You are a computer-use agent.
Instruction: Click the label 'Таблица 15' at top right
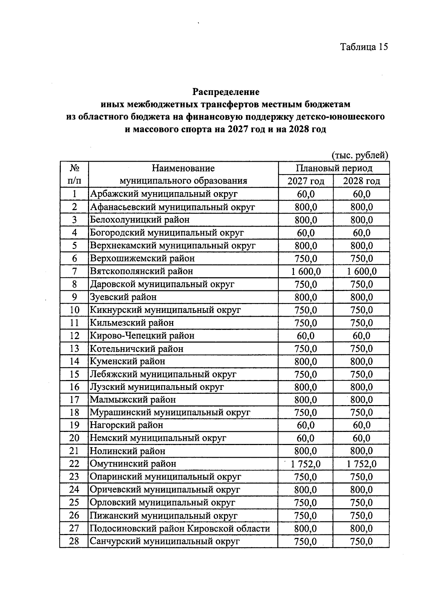click(x=364, y=47)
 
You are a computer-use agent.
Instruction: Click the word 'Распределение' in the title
click(x=226, y=92)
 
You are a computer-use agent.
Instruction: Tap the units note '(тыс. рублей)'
click(x=360, y=155)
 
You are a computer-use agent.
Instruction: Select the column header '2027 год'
click(x=306, y=181)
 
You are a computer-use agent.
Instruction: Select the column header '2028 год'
click(x=361, y=181)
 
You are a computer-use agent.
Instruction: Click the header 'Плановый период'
click(x=334, y=168)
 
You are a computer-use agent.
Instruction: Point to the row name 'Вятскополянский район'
click(x=141, y=271)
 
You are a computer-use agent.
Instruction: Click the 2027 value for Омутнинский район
click(x=306, y=464)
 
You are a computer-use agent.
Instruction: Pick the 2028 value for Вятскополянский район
click(x=361, y=271)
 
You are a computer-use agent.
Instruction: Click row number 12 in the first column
click(x=74, y=336)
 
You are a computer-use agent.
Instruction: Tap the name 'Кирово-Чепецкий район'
click(x=142, y=336)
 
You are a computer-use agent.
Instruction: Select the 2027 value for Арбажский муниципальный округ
click(x=306, y=194)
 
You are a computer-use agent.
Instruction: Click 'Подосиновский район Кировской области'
click(x=180, y=528)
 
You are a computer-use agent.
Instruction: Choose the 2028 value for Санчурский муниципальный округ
click(x=361, y=541)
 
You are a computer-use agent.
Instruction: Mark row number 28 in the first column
click(x=74, y=541)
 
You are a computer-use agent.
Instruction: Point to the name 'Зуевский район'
click(x=123, y=297)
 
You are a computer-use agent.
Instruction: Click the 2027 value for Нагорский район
click(x=306, y=425)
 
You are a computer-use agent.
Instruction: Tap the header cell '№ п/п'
click(x=74, y=174)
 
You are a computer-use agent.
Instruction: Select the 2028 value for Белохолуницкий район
click(x=361, y=220)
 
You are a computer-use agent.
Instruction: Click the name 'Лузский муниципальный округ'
click(x=157, y=387)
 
